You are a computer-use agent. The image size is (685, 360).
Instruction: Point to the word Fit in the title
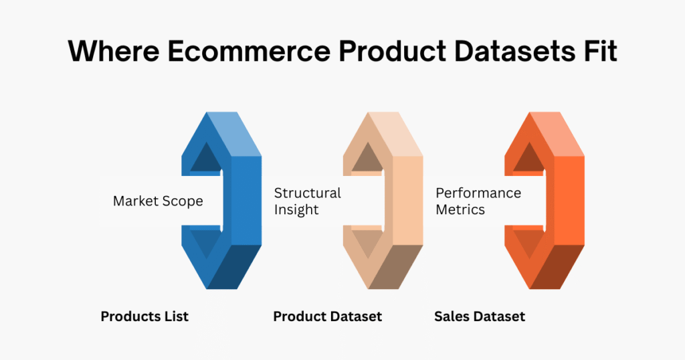(595, 51)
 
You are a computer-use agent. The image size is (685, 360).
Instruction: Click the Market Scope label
(158, 201)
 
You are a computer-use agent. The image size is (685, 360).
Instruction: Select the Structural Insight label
(308, 201)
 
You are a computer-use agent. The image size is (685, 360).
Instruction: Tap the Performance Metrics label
(478, 201)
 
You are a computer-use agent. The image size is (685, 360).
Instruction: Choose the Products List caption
(144, 317)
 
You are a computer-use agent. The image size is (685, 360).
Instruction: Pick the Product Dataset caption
(328, 317)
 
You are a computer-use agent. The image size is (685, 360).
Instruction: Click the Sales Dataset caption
(480, 317)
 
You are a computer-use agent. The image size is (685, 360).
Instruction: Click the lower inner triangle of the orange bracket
(527, 242)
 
